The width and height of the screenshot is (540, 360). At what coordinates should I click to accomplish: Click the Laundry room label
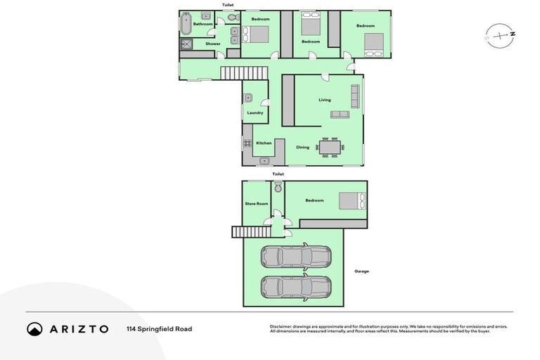(255, 112)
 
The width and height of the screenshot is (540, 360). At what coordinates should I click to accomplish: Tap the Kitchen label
(264, 143)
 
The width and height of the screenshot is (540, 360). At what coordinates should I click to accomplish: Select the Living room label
(324, 100)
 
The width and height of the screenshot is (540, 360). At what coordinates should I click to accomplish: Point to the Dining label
(302, 147)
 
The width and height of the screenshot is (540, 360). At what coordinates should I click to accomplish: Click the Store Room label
(256, 204)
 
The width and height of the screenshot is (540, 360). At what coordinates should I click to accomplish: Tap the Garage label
(361, 271)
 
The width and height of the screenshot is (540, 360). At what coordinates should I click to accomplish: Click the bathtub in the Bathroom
(186, 24)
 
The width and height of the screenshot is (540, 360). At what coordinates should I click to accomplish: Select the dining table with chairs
(329, 147)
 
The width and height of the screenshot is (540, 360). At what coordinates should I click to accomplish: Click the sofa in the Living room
(340, 114)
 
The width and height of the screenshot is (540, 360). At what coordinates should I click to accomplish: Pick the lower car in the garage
(296, 287)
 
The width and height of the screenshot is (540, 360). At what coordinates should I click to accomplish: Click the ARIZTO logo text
(78, 329)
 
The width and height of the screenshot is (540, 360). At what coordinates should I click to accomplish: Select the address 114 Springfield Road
(159, 329)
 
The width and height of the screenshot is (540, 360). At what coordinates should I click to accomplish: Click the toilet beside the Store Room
(278, 187)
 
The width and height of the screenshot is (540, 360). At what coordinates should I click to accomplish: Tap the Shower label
(212, 44)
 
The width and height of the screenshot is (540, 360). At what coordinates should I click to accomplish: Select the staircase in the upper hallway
(244, 73)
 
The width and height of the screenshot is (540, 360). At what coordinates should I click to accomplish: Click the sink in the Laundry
(248, 98)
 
